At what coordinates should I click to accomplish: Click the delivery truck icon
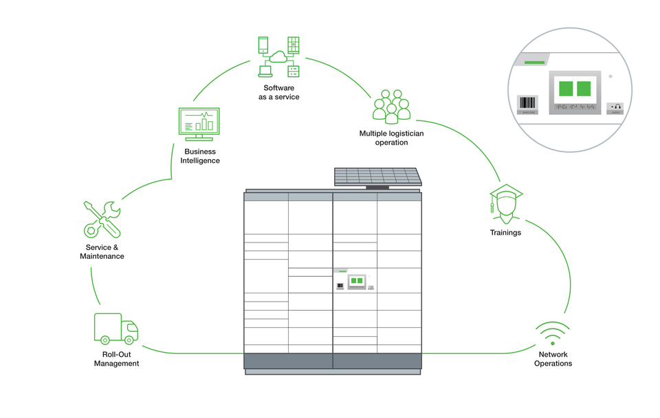[115, 329]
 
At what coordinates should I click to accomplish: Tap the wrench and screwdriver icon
[102, 219]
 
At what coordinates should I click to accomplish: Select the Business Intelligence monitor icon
[199, 124]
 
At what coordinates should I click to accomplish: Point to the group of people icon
[391, 107]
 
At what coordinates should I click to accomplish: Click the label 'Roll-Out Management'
[116, 359]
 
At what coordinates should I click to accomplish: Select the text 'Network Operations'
[553, 359]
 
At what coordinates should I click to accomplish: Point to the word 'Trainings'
[505, 233]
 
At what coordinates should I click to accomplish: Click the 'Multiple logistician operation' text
[391, 138]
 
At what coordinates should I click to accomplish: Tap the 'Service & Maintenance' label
[102, 251]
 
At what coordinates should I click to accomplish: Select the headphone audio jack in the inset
[615, 107]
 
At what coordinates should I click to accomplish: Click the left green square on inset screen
[566, 89]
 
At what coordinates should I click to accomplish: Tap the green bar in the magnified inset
[534, 63]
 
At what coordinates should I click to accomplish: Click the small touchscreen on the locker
[356, 281]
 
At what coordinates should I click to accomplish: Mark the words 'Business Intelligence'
[200, 156]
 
